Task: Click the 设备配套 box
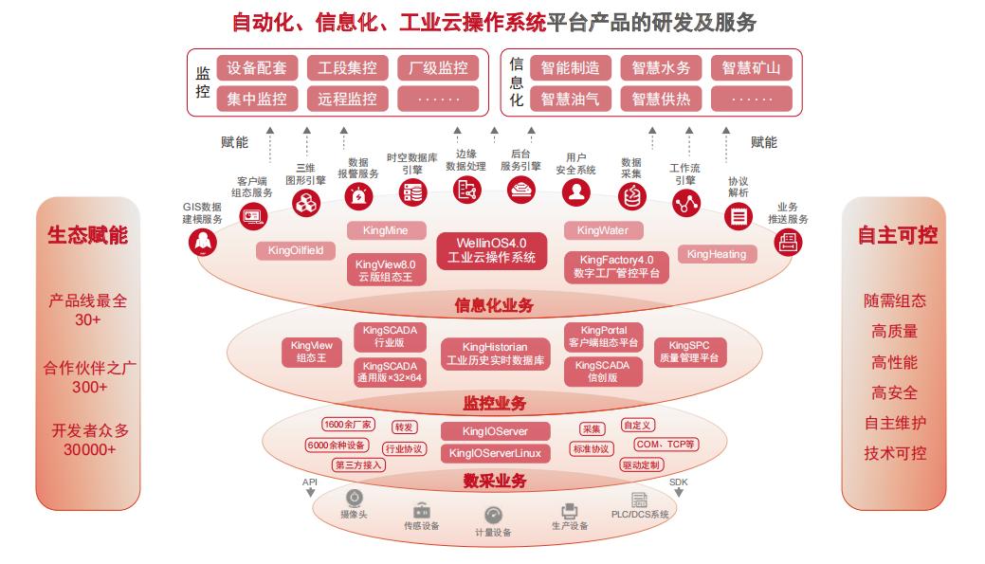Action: point(257,68)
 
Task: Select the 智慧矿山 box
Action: point(751,68)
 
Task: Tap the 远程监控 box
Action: point(347,99)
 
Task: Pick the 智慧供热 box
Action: point(661,99)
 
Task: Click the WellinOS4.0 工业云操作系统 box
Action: point(491,249)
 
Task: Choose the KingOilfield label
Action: point(296,250)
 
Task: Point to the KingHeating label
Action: point(717,254)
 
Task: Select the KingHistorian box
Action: point(495,354)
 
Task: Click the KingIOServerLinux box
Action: point(495,453)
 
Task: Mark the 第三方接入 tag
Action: point(358,464)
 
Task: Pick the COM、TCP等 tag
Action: point(666,444)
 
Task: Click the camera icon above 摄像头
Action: point(354,499)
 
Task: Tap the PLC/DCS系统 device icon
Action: point(640,500)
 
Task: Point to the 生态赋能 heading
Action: point(87,234)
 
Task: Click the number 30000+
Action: point(89,449)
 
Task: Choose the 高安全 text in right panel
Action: point(894,392)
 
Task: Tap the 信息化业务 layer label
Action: point(494,305)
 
